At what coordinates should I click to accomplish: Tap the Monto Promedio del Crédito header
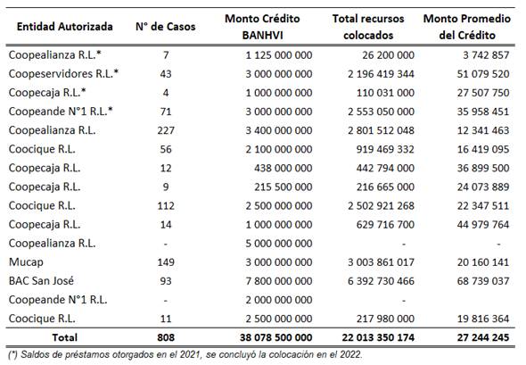click(467, 26)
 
